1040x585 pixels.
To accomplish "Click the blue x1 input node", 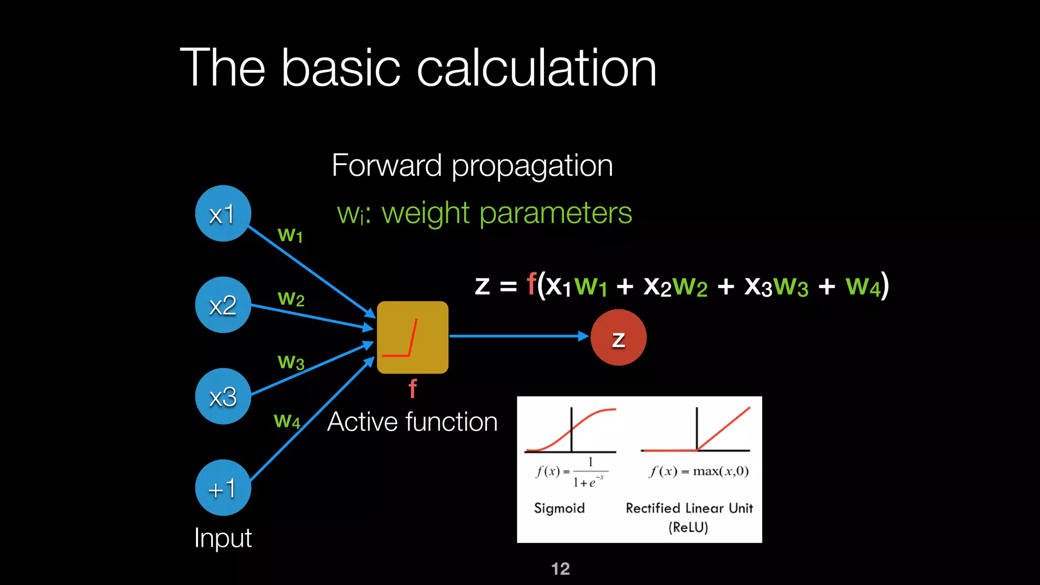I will pyautogui.click(x=223, y=213).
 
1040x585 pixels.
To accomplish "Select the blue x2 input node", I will pyautogui.click(x=223, y=305).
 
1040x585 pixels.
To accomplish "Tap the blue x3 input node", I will pyautogui.click(x=223, y=396).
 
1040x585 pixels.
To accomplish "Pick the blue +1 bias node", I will pyautogui.click(x=223, y=487).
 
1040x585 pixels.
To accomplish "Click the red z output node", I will pyautogui.click(x=618, y=338).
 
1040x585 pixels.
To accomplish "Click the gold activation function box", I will pyautogui.click(x=412, y=337).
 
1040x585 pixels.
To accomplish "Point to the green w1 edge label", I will pyautogui.click(x=290, y=235).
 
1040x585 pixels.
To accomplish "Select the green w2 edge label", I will pyautogui.click(x=291, y=299).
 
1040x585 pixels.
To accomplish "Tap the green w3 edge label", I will pyautogui.click(x=291, y=362).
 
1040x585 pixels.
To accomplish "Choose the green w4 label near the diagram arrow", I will pyautogui.click(x=287, y=420).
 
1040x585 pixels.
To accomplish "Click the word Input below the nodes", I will pyautogui.click(x=223, y=537).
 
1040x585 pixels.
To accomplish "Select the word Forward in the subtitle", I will pyautogui.click(x=386, y=165).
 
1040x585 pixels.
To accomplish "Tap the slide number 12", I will pyautogui.click(x=560, y=569).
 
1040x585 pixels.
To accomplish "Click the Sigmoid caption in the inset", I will pyautogui.click(x=559, y=508).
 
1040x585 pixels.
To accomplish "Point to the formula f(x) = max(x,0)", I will pyautogui.click(x=699, y=471).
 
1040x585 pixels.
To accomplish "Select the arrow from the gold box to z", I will pyautogui.click(x=518, y=336).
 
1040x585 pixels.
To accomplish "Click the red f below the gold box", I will pyautogui.click(x=412, y=389).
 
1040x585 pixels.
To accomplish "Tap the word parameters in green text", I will pyautogui.click(x=556, y=213).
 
